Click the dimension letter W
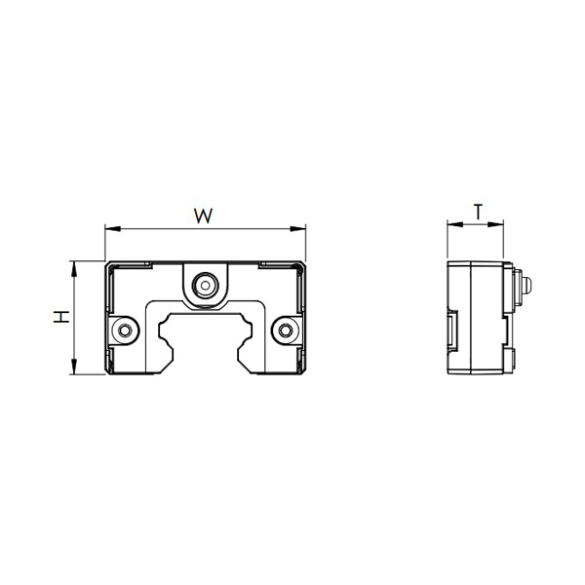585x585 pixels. coord(204,216)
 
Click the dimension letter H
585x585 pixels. coord(61,317)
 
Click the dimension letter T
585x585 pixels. coord(478,212)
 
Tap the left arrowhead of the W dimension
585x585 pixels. coord(113,228)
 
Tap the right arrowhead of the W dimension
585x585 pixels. coord(297,229)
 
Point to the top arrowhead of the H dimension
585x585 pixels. coord(74,269)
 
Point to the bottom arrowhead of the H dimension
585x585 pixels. coord(74,367)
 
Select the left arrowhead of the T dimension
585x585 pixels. coord(454,224)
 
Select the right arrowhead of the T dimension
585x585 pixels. coord(495,224)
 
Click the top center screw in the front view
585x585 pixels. coord(205,286)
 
